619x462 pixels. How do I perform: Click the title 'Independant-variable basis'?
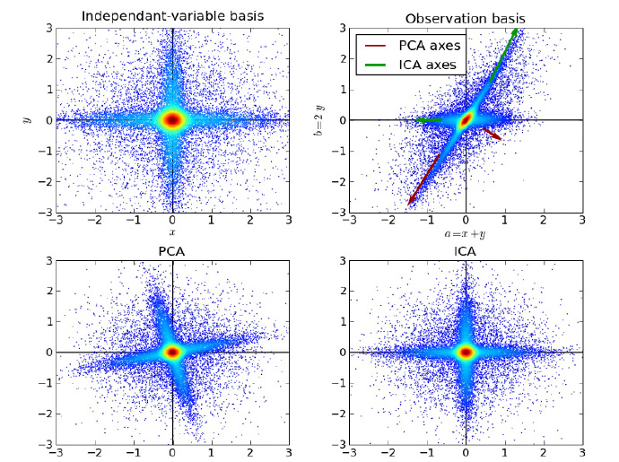(172, 16)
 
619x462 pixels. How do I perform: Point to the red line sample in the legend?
(376, 46)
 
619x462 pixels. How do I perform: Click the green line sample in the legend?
(376, 65)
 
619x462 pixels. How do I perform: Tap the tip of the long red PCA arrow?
(408, 205)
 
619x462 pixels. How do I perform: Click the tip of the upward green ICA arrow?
(518, 30)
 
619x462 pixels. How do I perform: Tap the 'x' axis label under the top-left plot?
(172, 232)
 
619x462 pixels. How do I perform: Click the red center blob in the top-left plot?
(172, 119)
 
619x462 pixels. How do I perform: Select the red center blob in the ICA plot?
(465, 352)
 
